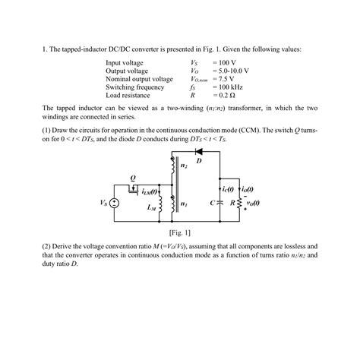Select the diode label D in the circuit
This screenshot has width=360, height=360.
pyautogui.click(x=199, y=162)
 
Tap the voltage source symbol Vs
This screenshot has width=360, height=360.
pyautogui.click(x=114, y=203)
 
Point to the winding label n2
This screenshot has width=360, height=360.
pyautogui.click(x=185, y=166)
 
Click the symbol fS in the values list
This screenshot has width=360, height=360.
pyautogui.click(x=194, y=87)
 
